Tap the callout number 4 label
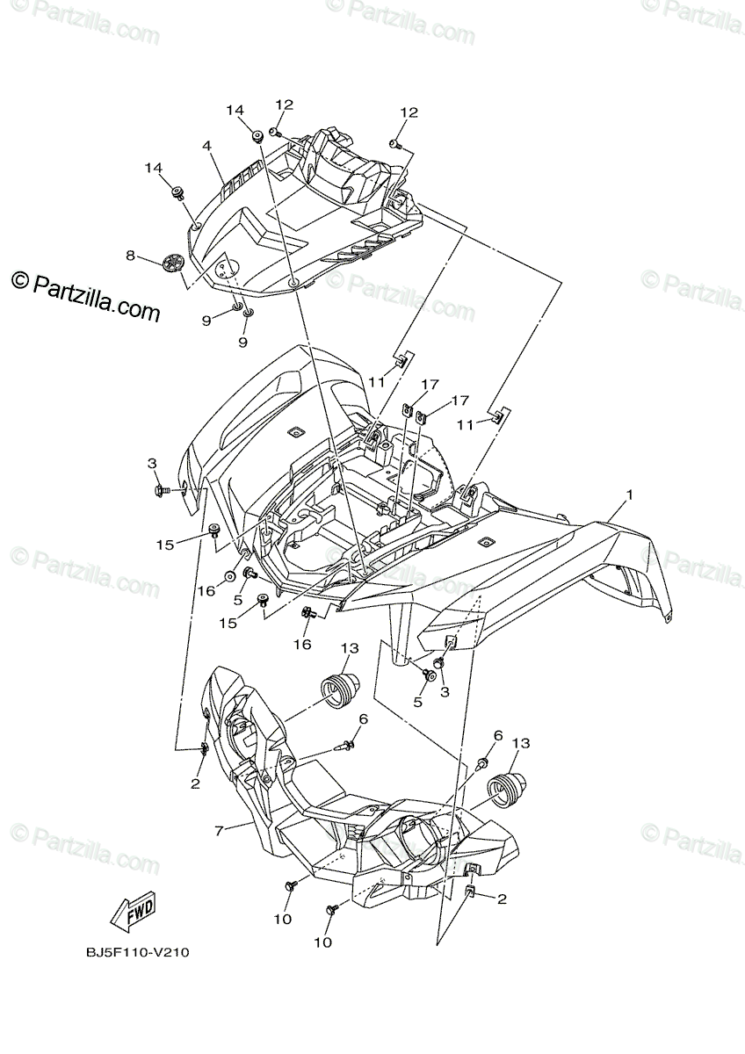pyautogui.click(x=205, y=145)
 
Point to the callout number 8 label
pyautogui.click(x=130, y=256)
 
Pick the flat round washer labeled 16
pyautogui.click(x=228, y=576)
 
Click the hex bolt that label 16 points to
pyautogui.click(x=307, y=611)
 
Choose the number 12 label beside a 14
pyautogui.click(x=284, y=105)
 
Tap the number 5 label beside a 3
pyautogui.click(x=418, y=703)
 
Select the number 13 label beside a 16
pyautogui.click(x=350, y=647)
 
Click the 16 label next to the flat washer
pyautogui.click(x=205, y=591)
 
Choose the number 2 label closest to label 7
pyautogui.click(x=195, y=783)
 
